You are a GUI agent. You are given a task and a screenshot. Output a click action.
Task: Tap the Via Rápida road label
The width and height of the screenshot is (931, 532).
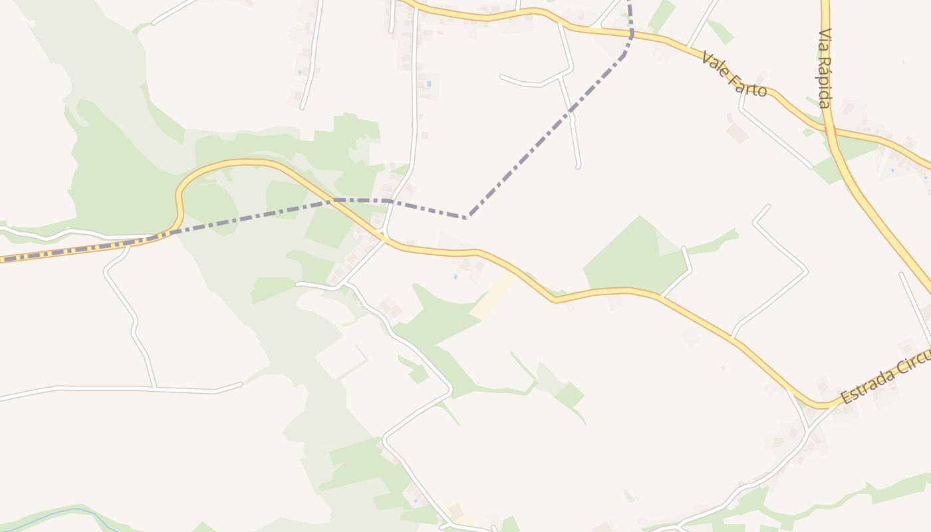(x=825, y=68)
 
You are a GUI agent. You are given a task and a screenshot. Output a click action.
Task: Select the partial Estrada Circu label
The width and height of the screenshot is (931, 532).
(x=885, y=378)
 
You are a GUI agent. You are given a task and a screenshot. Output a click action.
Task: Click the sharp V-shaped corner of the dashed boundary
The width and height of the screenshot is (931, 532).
(x=468, y=217)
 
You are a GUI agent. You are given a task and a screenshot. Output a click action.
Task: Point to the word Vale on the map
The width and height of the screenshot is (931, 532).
(x=714, y=63)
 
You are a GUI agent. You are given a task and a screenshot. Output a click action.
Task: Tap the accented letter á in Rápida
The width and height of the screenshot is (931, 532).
(x=825, y=72)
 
